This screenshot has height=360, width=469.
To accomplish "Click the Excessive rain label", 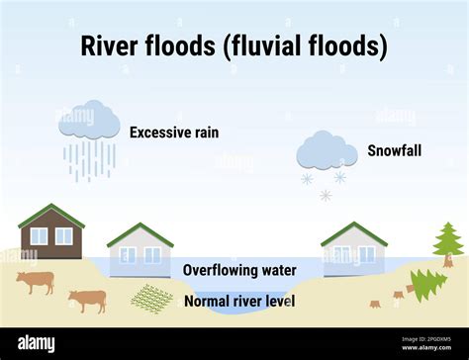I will coord(174,132).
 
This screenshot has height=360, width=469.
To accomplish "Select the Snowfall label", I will coord(394,150).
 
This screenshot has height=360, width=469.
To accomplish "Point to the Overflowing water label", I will coord(239,270).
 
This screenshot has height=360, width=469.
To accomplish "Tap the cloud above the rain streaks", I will coord(89,120).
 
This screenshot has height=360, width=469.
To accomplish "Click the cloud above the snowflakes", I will coord(328,150).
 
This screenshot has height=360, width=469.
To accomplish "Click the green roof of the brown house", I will coord(51,214).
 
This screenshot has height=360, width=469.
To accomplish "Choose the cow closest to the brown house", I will coord(35,283).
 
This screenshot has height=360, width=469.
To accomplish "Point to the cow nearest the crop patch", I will coord(88,300).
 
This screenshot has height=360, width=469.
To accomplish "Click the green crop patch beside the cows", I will coord(151,298).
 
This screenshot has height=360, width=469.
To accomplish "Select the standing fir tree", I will coord(447,244).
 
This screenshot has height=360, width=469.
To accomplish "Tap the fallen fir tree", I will coord(426,285).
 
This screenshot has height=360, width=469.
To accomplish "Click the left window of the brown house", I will coord(39,236).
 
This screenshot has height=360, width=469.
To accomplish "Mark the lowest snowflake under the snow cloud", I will coord(326,195).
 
